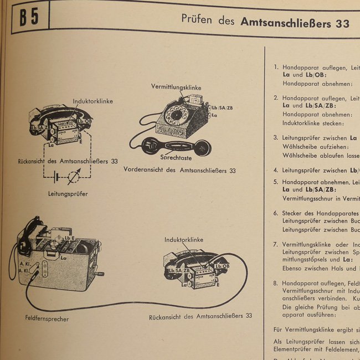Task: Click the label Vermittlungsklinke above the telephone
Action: pyautogui.click(x=176, y=88)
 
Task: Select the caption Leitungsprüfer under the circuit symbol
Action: pyautogui.click(x=68, y=194)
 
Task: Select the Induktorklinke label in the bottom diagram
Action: pyautogui.click(x=183, y=240)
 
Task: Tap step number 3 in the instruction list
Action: pyautogui.click(x=276, y=137)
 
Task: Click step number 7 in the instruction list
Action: pyautogui.click(x=276, y=244)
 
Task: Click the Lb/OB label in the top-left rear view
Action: pyautogui.click(x=85, y=121)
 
